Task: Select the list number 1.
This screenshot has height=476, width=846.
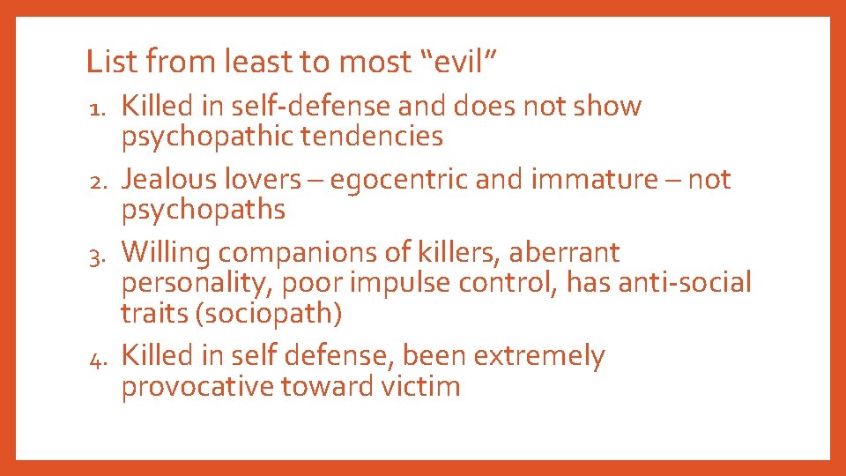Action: coord(99,108)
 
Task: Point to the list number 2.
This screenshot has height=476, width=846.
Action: coord(99,181)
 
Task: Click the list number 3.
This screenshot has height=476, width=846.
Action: coord(99,254)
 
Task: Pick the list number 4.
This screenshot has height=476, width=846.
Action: coord(99,357)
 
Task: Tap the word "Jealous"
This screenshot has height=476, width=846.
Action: coord(168,180)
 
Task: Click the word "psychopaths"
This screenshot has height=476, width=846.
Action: coord(204,210)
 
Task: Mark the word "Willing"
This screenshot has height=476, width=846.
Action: coord(167,253)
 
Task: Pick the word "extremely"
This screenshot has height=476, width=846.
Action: coord(539,356)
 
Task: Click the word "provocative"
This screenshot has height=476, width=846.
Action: coord(197,386)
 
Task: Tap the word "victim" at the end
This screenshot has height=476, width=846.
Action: coord(419,386)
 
